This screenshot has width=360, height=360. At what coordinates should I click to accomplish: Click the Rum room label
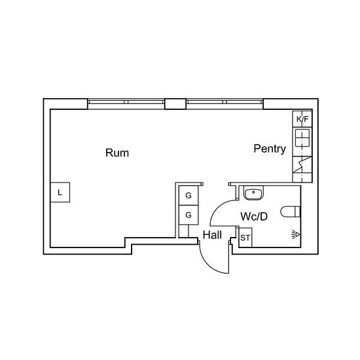coord(117,153)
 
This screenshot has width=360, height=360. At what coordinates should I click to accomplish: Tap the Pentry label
coord(270,149)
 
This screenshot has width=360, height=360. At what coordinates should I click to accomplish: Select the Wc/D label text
coord(254,216)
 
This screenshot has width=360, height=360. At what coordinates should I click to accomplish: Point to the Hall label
coord(212,235)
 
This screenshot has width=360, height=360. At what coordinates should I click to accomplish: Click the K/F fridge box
coord(302,119)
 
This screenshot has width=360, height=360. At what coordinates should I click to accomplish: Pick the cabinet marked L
coord(60,192)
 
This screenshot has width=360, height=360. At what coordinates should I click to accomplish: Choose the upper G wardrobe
coord(189,196)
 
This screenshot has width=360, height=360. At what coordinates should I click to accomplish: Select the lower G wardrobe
coord(189,215)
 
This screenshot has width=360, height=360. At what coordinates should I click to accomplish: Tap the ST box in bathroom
coord(245,238)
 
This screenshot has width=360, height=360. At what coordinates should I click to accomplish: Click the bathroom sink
coord(253,193)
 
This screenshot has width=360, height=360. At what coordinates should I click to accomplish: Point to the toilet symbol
coord(291,211)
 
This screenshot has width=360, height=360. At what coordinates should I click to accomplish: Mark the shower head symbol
coord(296,235)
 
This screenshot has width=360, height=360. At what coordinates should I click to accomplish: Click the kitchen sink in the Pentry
coord(302,137)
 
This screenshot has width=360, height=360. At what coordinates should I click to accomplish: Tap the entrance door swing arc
coord(210,263)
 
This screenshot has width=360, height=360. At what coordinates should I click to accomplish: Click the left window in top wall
coord(126,104)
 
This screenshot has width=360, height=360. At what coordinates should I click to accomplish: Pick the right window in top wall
coord(225,104)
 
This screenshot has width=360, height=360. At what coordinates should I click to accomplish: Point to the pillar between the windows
coord(175,104)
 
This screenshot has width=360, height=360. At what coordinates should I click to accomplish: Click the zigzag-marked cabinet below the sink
coord(302,164)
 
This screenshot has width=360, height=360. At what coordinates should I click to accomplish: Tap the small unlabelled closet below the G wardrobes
coord(184,231)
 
